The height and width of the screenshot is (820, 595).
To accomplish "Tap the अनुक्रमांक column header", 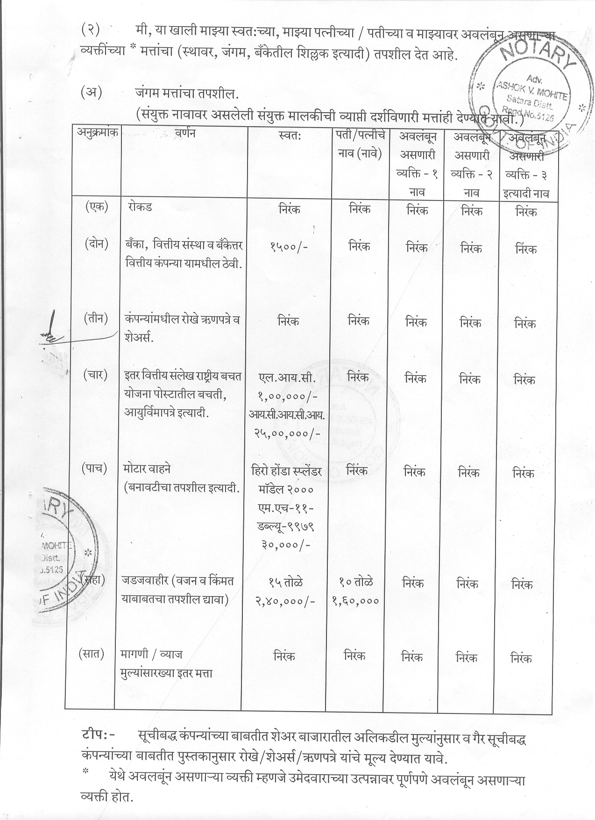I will pyautogui.click(x=97, y=132).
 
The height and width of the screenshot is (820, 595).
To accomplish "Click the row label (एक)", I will pyautogui.click(x=97, y=206).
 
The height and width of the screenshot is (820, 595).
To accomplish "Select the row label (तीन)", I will pyautogui.click(x=96, y=319).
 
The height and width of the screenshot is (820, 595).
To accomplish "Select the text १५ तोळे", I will pyautogui.click(x=285, y=582).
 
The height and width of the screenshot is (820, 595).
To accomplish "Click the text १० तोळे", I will pyautogui.click(x=356, y=582).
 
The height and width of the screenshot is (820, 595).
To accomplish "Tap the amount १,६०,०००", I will pyautogui.click(x=356, y=601).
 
